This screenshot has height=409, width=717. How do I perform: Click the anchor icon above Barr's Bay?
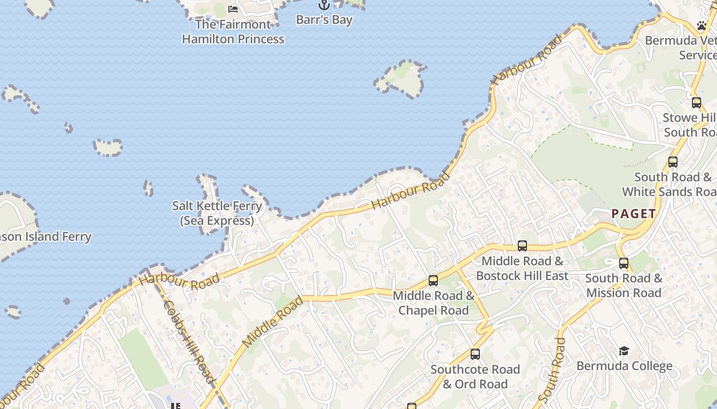tap(324, 5)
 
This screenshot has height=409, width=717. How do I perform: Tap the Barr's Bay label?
tap(324, 20)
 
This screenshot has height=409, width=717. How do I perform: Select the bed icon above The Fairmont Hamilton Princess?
tap(233, 9)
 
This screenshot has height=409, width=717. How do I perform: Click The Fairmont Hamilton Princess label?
tap(233, 32)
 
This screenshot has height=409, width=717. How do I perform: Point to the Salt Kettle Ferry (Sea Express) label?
tap(217, 213)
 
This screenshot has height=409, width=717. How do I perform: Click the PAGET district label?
tap(634, 214)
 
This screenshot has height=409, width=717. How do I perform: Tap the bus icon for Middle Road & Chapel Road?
tap(433, 280)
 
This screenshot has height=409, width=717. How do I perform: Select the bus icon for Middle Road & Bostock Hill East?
tap(522, 246)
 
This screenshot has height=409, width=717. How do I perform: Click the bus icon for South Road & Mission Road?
tap(624, 263)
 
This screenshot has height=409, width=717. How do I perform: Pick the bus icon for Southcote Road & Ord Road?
tap(475, 354)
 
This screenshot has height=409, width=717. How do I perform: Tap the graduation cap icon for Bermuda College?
tap(624, 351)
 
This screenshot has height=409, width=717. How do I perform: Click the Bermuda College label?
tap(624, 366)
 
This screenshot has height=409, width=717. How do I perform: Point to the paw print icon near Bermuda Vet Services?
tap(702, 25)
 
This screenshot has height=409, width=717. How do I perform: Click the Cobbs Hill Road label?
tap(188, 341)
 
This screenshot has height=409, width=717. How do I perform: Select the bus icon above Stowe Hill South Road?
tap(697, 102)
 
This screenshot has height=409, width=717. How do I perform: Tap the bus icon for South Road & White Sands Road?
tap(673, 162)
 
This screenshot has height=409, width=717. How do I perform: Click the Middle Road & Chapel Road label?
tap(434, 303)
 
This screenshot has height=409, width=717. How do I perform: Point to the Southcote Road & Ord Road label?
tap(475, 377)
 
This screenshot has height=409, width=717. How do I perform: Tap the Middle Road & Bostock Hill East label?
tap(522, 268)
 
